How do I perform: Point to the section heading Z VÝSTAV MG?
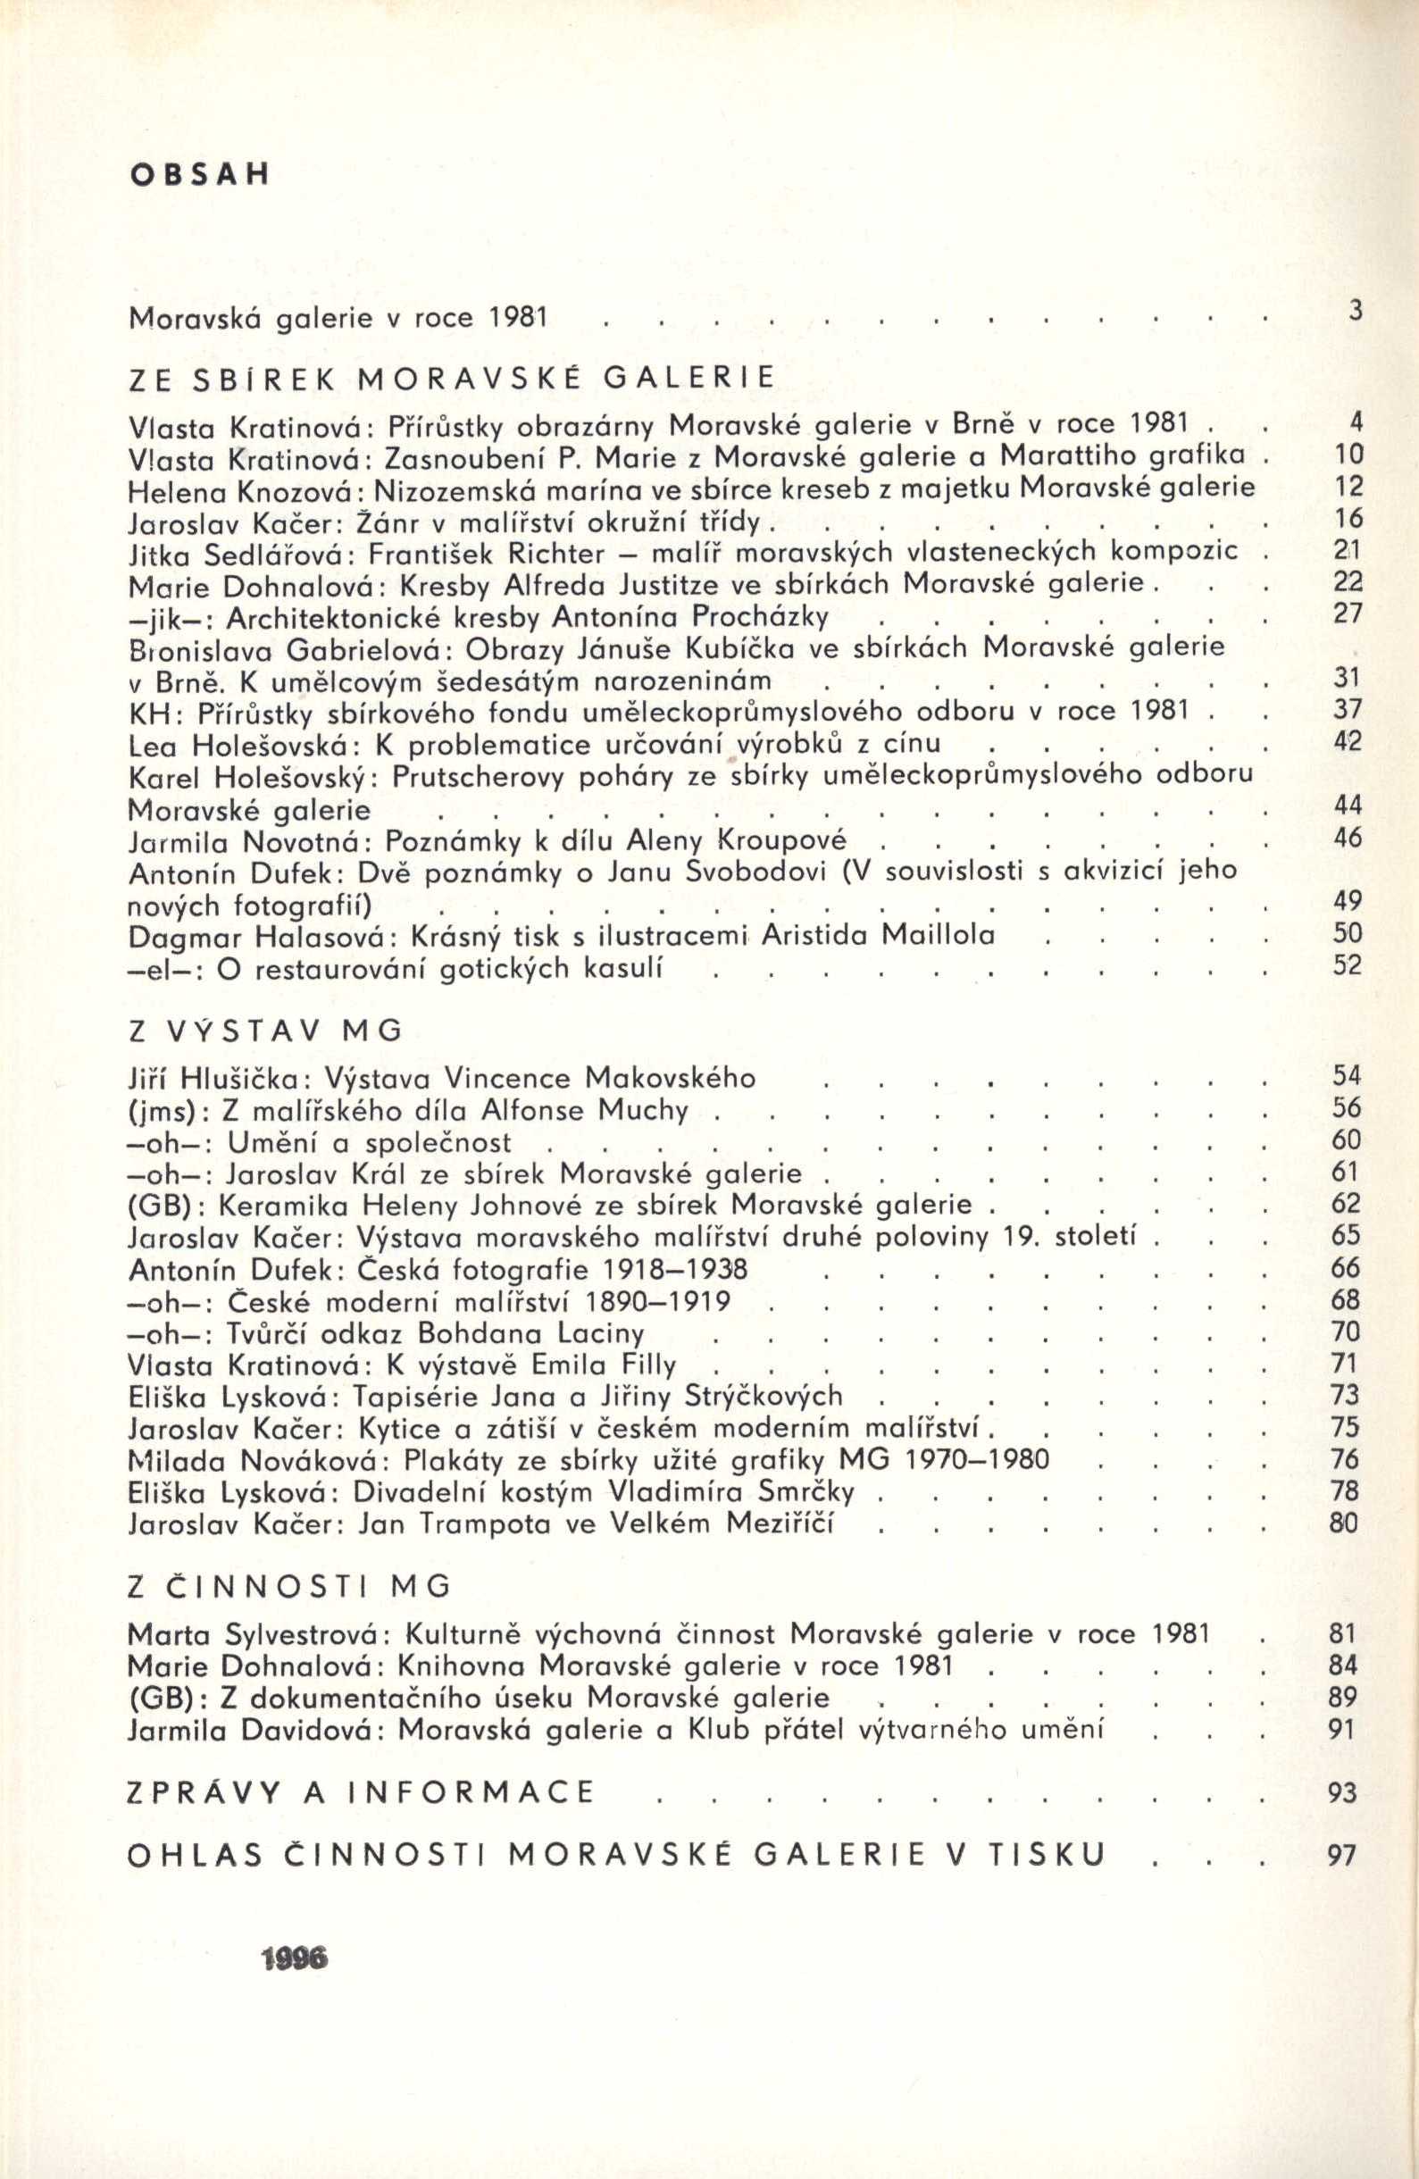point(265,1031)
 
